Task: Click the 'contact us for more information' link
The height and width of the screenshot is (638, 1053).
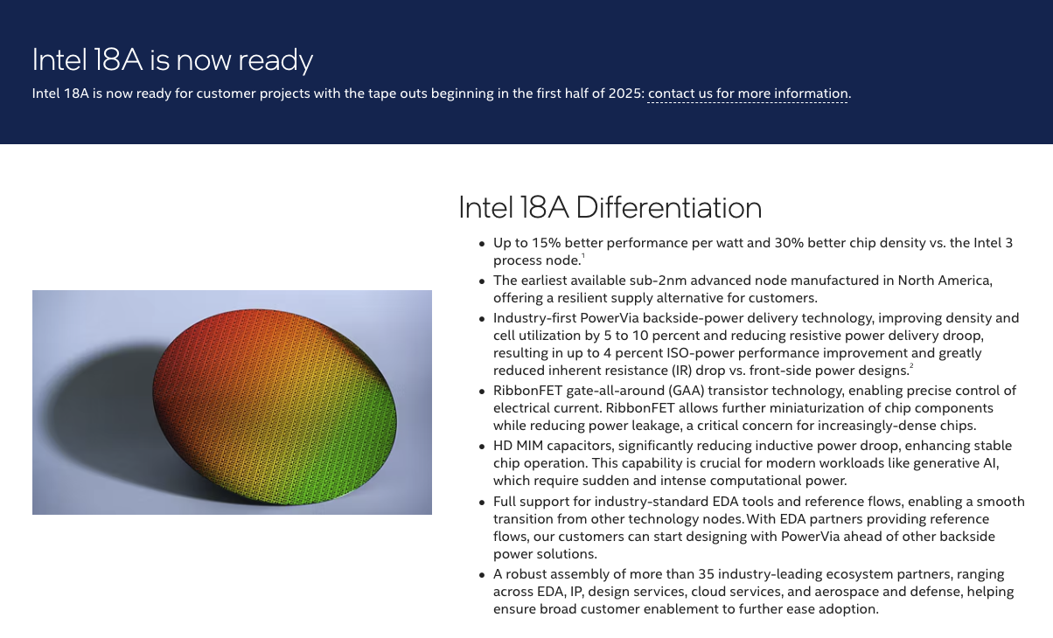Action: click(x=748, y=94)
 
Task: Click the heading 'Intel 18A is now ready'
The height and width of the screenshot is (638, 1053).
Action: click(x=172, y=60)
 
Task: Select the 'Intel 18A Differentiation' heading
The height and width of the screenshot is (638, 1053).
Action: click(x=610, y=207)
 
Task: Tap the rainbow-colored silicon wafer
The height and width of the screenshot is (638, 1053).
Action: click(x=275, y=407)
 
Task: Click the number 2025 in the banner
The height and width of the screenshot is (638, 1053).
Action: click(x=624, y=94)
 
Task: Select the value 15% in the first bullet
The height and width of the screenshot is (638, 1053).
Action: click(x=547, y=243)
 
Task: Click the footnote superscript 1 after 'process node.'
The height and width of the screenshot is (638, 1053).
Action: click(x=583, y=255)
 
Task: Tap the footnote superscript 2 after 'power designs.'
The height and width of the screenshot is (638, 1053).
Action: click(x=911, y=365)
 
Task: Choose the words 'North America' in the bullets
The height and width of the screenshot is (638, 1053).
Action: click(x=944, y=281)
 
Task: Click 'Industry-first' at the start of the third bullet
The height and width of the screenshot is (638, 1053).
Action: click(x=534, y=318)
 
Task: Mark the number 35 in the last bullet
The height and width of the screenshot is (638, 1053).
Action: click(x=706, y=574)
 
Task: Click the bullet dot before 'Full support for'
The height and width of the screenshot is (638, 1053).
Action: click(x=481, y=503)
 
